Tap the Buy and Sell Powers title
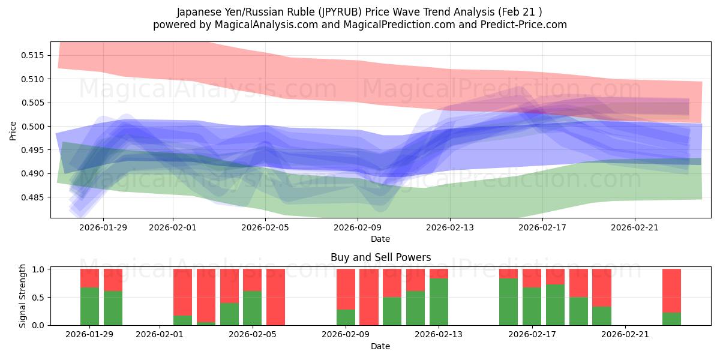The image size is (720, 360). (x=380, y=257)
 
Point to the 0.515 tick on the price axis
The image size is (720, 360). (x=34, y=55)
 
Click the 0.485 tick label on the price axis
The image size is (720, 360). (x=34, y=197)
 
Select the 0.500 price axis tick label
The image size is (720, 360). (x=34, y=126)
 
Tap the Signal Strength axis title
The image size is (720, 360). (x=22, y=296)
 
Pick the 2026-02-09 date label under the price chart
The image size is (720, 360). (x=358, y=227)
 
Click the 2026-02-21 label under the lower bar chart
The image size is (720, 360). (x=625, y=334)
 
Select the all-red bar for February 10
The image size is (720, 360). (x=368, y=297)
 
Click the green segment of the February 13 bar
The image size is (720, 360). (x=439, y=302)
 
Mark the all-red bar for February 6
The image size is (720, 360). (x=275, y=297)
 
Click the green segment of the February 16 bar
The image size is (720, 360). (x=508, y=302)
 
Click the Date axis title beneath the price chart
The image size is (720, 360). (x=380, y=239)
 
